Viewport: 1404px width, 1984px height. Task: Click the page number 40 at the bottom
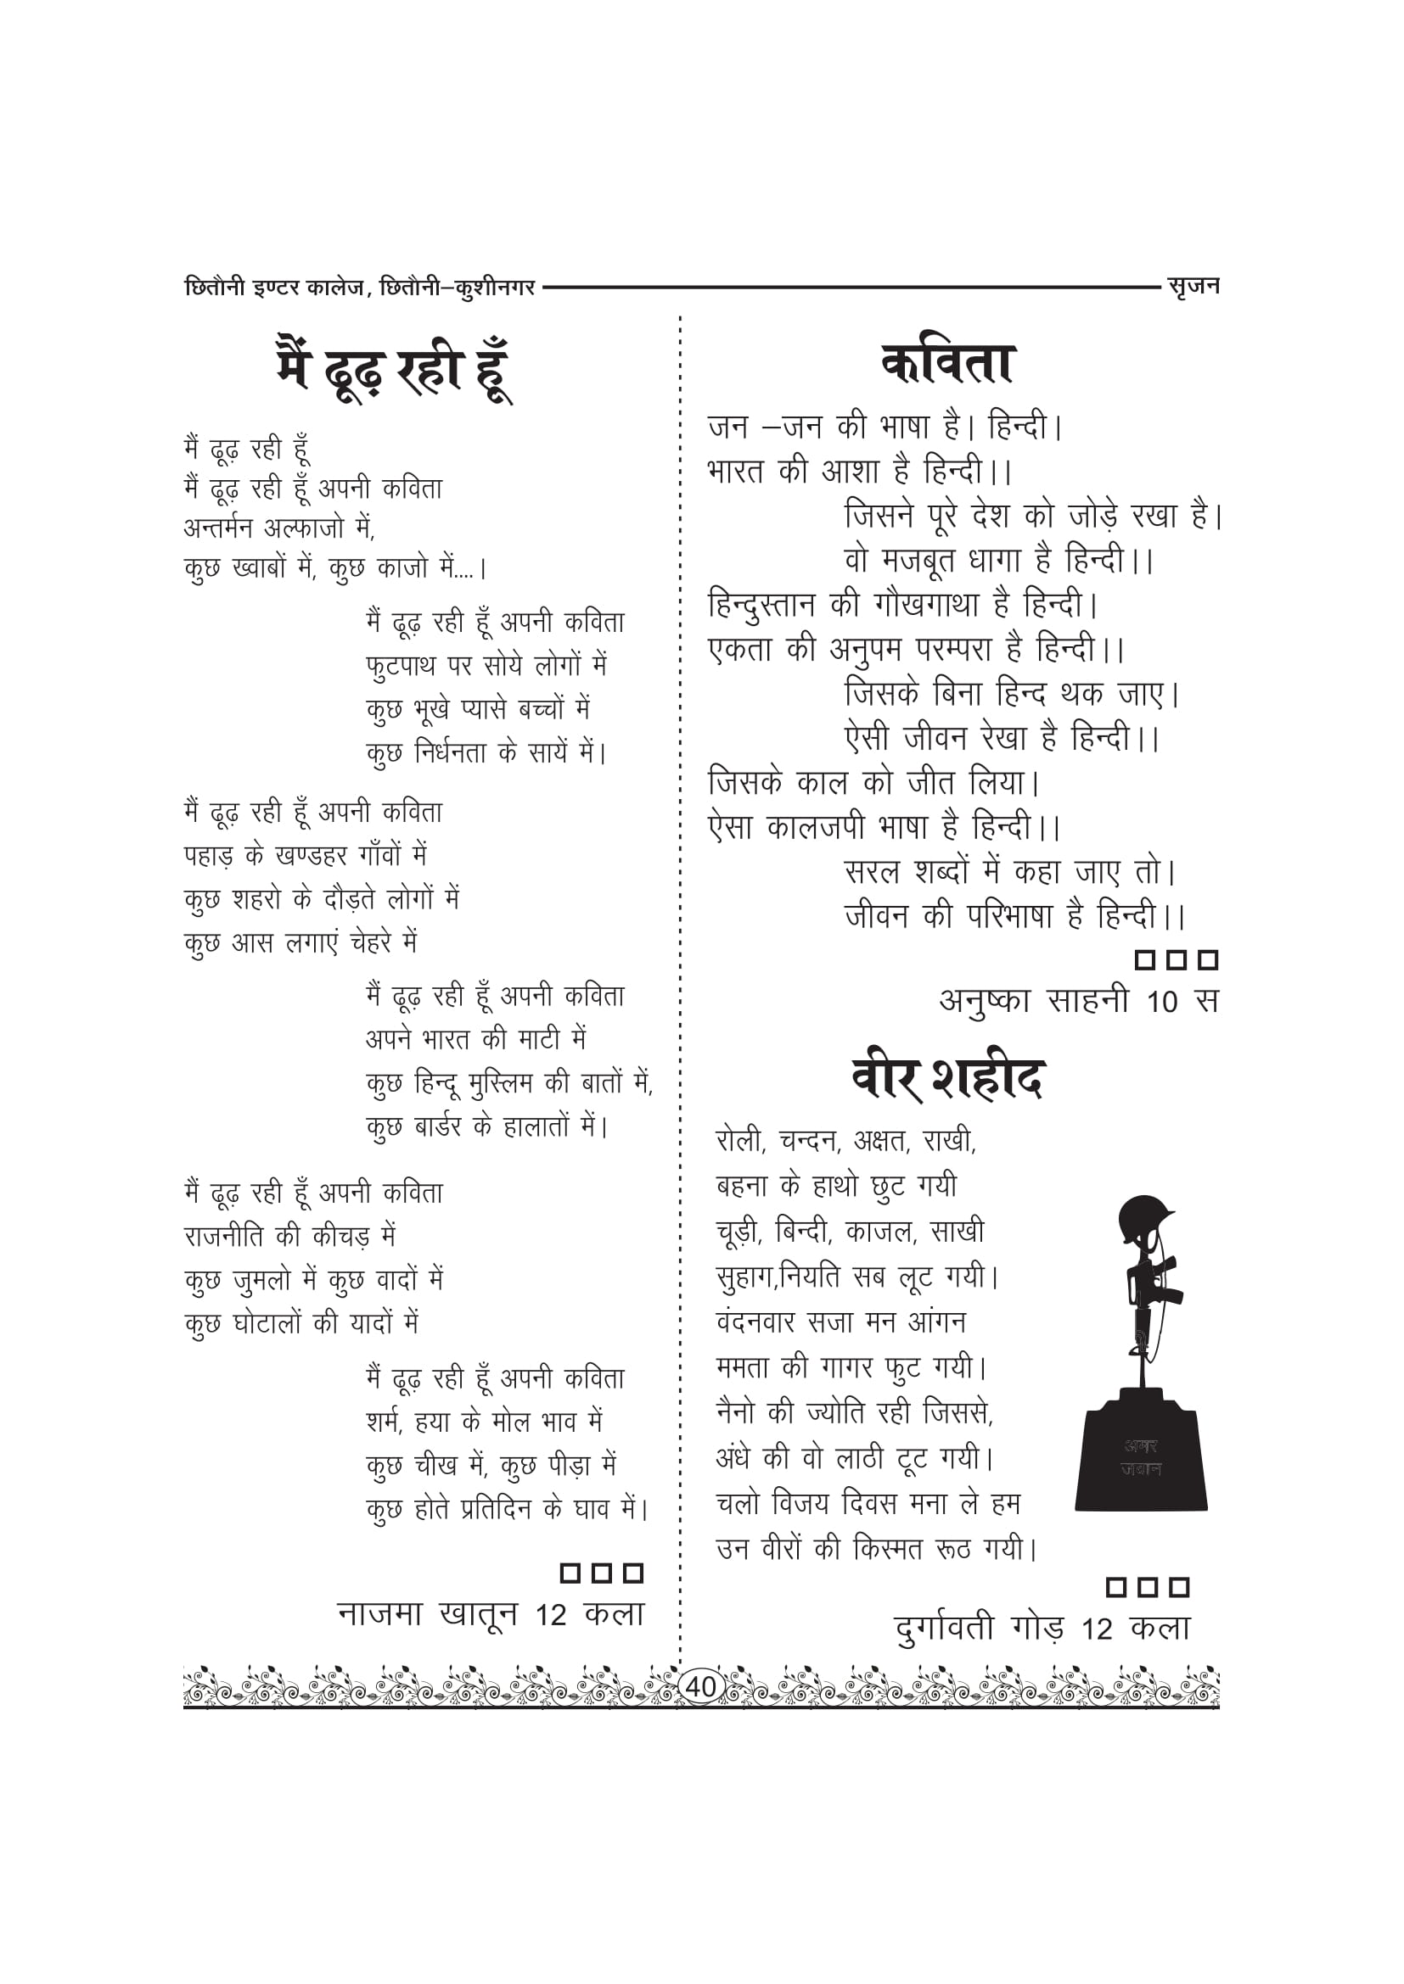[700, 1686]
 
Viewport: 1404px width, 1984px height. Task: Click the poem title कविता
[947, 364]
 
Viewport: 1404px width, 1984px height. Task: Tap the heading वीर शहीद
[948, 1077]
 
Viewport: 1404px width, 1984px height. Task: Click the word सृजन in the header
[1193, 285]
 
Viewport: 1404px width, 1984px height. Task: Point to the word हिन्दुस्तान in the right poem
[761, 605]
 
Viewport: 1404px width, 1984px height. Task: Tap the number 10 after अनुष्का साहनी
[1162, 1002]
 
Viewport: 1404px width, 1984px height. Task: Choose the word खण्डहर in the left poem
[311, 857]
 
